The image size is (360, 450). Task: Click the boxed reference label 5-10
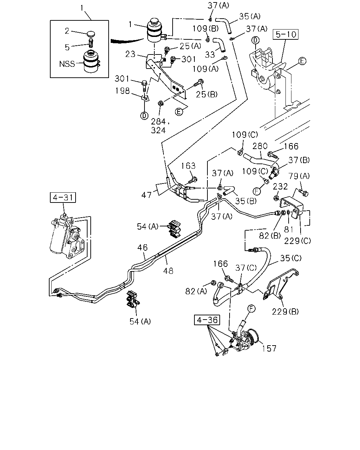tap(285, 34)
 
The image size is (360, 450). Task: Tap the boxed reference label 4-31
tap(63, 197)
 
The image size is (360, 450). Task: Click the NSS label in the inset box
tap(67, 64)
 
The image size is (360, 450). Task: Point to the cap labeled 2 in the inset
tap(90, 34)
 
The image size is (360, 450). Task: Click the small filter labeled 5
tap(91, 43)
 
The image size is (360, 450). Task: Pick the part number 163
tap(188, 166)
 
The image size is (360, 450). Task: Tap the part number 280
tap(260, 146)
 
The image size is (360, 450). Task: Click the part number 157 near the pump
tap(269, 348)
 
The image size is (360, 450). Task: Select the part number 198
tap(122, 91)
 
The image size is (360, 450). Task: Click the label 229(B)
tap(285, 311)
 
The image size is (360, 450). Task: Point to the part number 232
tap(280, 186)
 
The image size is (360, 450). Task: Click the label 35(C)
tap(291, 258)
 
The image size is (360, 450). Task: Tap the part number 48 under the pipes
tap(168, 271)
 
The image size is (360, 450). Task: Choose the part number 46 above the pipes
tap(142, 247)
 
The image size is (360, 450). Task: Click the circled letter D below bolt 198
tap(144, 116)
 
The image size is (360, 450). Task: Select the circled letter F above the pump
tap(251, 309)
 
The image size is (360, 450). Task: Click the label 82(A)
tap(196, 291)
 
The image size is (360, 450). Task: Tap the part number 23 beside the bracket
tap(130, 54)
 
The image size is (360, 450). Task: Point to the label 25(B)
tap(206, 95)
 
